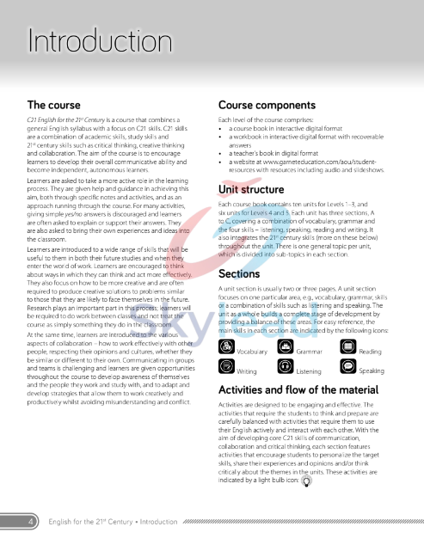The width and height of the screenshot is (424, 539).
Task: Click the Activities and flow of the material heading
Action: [x=298, y=389]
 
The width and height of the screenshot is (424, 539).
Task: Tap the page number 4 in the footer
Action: [x=31, y=522]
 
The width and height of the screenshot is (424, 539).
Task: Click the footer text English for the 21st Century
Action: [x=112, y=522]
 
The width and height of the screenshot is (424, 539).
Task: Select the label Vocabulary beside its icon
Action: [x=252, y=352]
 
